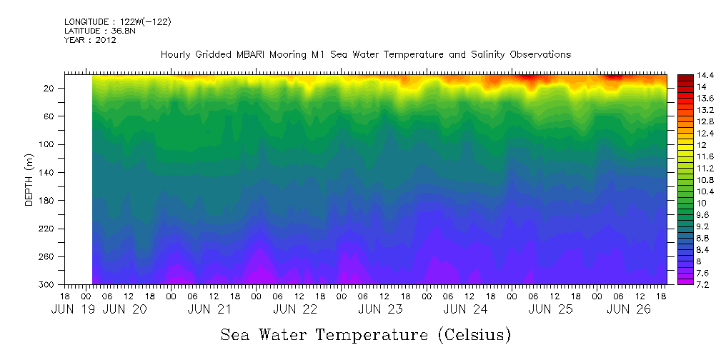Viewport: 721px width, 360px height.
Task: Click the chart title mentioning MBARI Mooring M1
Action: pyautogui.click(x=365, y=54)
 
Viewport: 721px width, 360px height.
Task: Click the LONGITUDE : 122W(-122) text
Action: pyautogui.click(x=117, y=22)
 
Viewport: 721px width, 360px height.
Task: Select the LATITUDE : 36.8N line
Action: pyautogui.click(x=95, y=31)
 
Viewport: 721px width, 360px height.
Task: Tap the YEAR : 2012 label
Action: pyautogui.click(x=90, y=40)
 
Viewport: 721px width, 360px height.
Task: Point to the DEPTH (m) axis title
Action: pyautogui.click(x=29, y=179)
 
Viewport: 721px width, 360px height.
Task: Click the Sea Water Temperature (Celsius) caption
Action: pyautogui.click(x=366, y=335)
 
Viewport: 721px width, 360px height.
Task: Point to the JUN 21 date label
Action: pyautogui.click(x=209, y=310)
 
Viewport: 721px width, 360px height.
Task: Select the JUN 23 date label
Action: pyautogui.click(x=379, y=310)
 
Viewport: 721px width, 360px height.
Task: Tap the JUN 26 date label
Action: pyautogui.click(x=628, y=310)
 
